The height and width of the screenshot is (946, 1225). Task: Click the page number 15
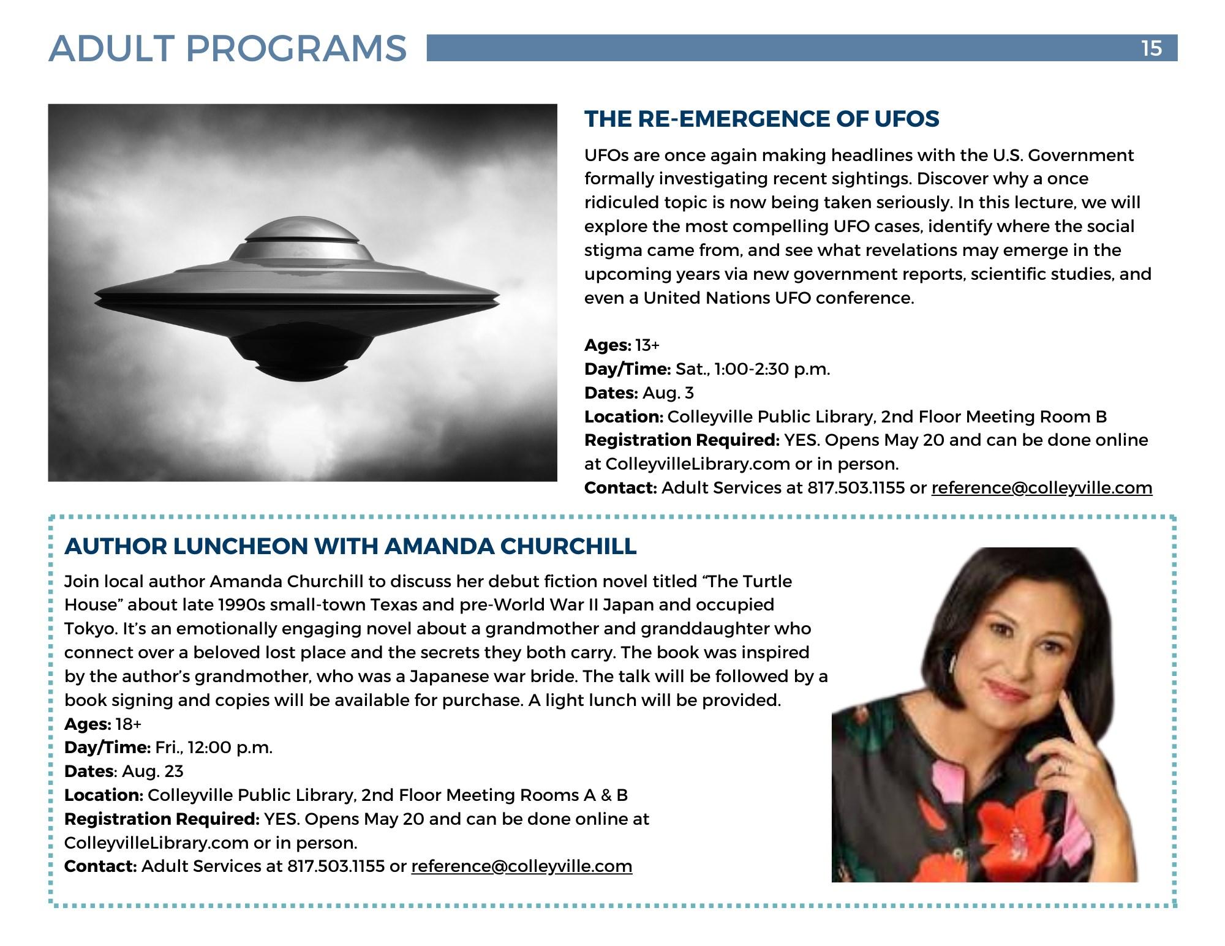click(1151, 48)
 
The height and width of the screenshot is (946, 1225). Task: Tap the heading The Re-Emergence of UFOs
click(761, 119)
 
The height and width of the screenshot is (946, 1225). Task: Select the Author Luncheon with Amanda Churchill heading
click(350, 546)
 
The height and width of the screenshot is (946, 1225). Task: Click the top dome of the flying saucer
click(301, 230)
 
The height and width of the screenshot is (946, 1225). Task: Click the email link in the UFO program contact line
click(1041, 488)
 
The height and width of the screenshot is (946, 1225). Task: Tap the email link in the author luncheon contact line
click(521, 866)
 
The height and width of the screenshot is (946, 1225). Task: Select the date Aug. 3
click(668, 393)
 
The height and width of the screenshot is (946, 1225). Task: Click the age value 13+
click(647, 345)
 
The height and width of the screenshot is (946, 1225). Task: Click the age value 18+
click(128, 724)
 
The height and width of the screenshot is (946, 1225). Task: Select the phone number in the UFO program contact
click(856, 488)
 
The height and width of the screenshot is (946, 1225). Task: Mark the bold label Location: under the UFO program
click(624, 417)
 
